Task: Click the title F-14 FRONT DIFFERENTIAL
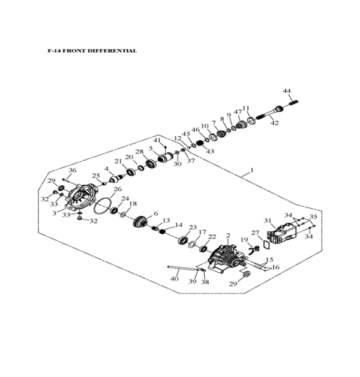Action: [x=92, y=50]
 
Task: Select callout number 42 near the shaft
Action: [x=275, y=123]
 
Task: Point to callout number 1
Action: [x=252, y=170]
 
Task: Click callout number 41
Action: [x=157, y=140]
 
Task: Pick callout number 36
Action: [x=73, y=171]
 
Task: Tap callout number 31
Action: [x=268, y=220]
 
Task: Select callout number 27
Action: [x=254, y=233]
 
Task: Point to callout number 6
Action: [x=155, y=213]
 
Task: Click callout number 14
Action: [x=179, y=225]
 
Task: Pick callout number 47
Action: [x=238, y=112]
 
